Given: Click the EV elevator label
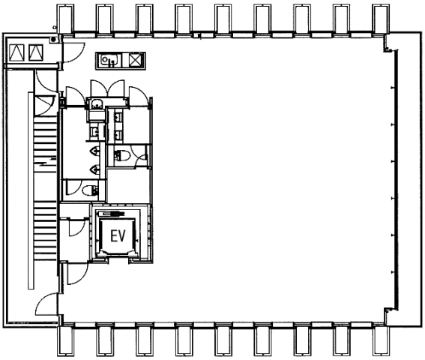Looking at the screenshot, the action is [118, 235].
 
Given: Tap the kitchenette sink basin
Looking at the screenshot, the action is [109, 60].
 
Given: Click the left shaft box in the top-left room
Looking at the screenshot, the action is [16, 52].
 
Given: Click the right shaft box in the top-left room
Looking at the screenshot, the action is [36, 52].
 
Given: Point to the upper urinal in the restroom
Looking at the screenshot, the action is [94, 151].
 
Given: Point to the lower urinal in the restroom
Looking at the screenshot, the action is [94, 169].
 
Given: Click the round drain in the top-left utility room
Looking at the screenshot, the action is [53, 39].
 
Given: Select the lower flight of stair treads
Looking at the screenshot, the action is [45, 230].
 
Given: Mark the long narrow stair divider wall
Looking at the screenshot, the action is [31, 190].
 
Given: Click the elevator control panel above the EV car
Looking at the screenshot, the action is [112, 214].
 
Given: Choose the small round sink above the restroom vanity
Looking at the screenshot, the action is [95, 103].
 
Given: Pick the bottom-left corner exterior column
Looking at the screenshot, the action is [66, 341].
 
